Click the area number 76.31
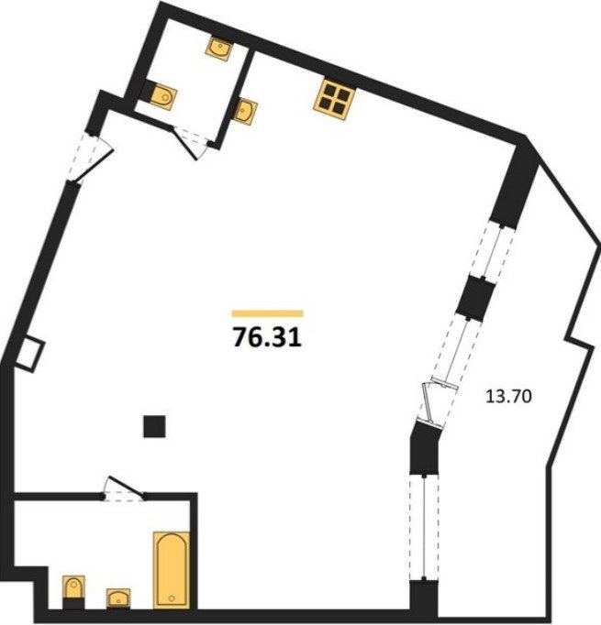point(267,337)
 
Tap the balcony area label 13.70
point(508,397)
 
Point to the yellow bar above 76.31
point(267,313)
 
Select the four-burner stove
point(334,100)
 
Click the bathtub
point(172,570)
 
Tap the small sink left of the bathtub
point(118,598)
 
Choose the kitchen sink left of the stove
point(245,111)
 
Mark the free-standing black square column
point(154,426)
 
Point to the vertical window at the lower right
point(424,527)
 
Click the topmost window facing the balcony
point(493,251)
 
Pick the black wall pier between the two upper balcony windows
point(475,297)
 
